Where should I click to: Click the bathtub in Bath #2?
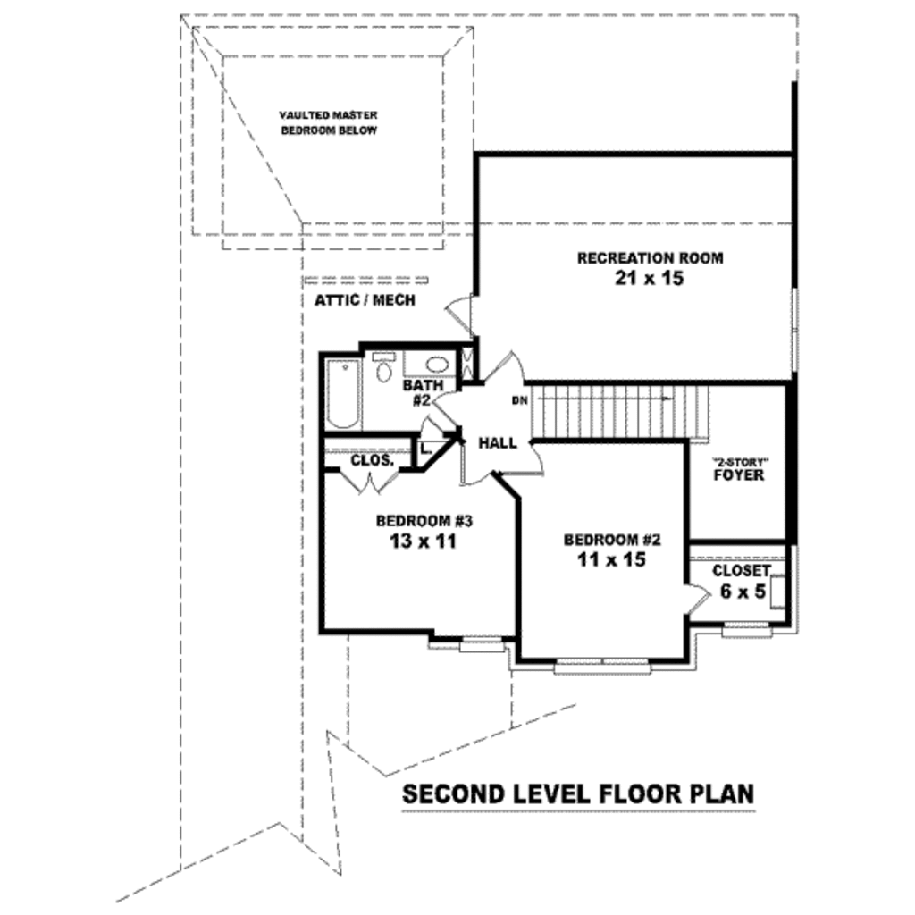[342, 394]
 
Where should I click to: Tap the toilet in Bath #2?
[383, 367]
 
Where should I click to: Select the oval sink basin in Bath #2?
[437, 365]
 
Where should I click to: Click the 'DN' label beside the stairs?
[519, 401]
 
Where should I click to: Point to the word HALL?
[498, 443]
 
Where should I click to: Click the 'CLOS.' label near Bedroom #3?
[373, 460]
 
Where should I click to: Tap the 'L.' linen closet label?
[425, 449]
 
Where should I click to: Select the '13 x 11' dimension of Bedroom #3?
[423, 541]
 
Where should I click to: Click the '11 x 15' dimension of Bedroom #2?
[611, 560]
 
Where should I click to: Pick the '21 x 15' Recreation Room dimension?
[649, 279]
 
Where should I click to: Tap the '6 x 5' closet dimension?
[743, 592]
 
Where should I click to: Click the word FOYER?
[739, 475]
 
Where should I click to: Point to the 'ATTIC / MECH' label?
[365, 300]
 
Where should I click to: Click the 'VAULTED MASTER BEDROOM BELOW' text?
[329, 123]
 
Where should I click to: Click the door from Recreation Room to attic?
[460, 315]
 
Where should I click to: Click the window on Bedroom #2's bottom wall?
[602, 666]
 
